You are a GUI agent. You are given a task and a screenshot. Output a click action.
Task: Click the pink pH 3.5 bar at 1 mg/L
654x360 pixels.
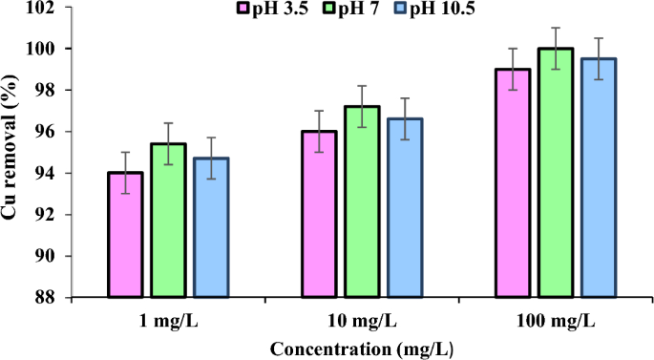coord(125,235)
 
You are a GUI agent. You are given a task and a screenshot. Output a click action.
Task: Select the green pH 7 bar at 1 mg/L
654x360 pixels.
coord(168,221)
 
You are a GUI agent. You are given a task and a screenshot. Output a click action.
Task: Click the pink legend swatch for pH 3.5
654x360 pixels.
coord(243,10)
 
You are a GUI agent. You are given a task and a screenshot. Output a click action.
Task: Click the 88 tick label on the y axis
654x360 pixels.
coord(73,298)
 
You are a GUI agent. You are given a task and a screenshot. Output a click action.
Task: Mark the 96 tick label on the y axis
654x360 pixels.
coord(73,132)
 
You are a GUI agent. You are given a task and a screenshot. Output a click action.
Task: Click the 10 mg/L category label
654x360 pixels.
coord(362,320)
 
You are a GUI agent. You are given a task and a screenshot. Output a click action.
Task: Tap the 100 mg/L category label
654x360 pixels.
coord(556,320)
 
